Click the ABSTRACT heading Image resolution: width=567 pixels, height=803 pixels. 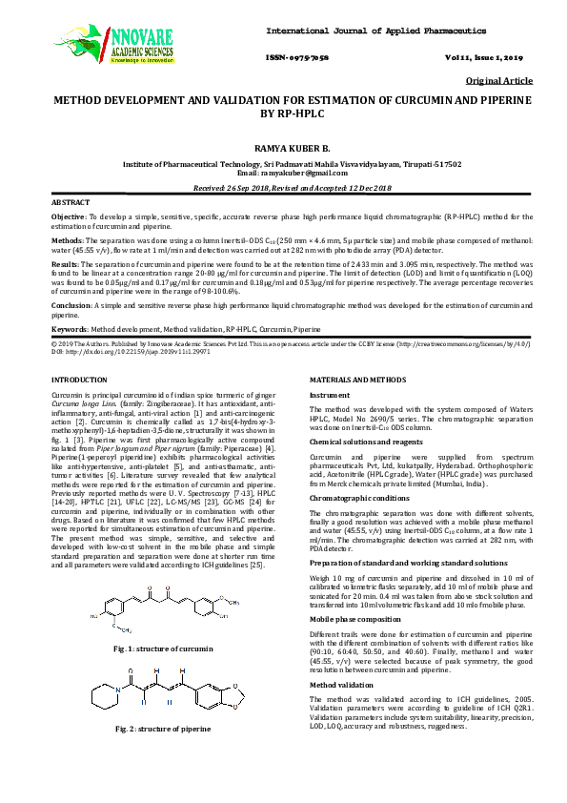click(70, 203)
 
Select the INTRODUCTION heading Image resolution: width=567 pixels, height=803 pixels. click(79, 381)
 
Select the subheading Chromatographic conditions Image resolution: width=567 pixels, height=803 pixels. click(359, 498)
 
